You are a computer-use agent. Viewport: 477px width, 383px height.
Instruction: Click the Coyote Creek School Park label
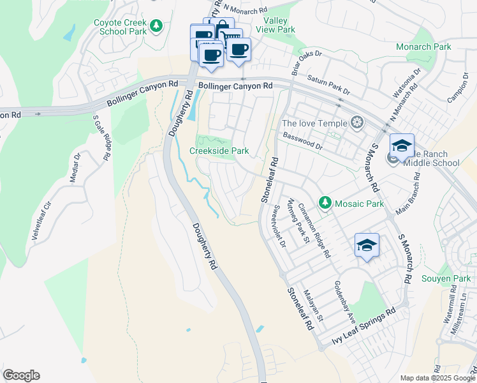121,27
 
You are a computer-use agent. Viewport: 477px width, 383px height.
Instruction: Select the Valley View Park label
275,25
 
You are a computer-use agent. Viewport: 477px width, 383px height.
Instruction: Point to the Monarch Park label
423,47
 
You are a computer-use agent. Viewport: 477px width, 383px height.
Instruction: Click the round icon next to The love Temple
357,123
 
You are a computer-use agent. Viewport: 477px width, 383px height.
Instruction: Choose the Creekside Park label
219,151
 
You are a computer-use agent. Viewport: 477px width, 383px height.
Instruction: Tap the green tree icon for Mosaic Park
325,203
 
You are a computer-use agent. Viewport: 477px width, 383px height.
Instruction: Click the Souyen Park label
446,279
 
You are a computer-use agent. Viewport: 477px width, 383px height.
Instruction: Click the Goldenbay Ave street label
342,303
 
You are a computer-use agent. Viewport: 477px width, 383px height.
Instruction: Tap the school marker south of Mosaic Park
367,245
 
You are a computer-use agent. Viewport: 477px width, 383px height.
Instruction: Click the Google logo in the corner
21,375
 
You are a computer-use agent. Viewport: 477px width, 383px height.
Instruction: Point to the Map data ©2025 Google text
437,378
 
